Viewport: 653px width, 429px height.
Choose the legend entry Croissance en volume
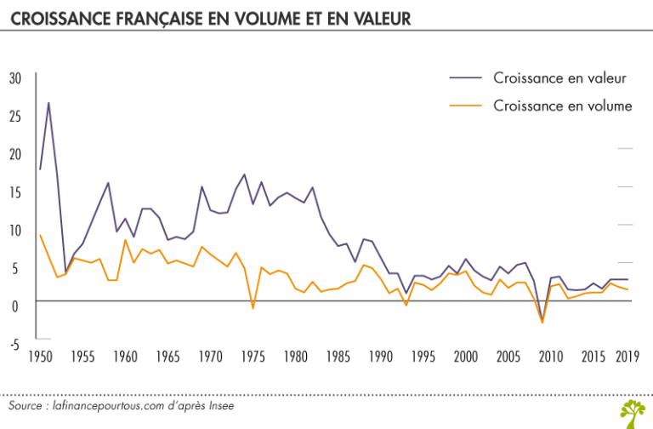click(x=562, y=106)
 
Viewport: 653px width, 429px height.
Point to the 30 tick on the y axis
click(x=14, y=78)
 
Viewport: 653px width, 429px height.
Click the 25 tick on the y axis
click(x=14, y=116)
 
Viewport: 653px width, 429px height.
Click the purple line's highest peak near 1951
click(x=48, y=103)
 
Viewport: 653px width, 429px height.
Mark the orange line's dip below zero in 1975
click(x=253, y=307)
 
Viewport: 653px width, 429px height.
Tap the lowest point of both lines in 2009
click(x=542, y=322)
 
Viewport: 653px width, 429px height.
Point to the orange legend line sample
click(x=464, y=106)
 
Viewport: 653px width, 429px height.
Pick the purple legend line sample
click(x=464, y=78)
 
